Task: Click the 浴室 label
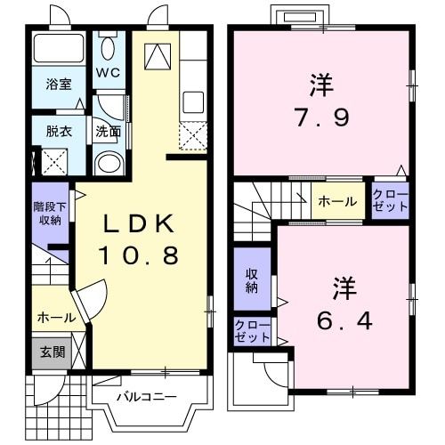[x=59, y=85]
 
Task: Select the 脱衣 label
[x=59, y=130]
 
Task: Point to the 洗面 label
[x=108, y=131]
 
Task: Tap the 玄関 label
[x=51, y=352]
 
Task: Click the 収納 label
[x=252, y=281]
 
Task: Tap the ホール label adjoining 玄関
[x=56, y=317]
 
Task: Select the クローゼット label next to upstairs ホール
[x=390, y=201]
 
